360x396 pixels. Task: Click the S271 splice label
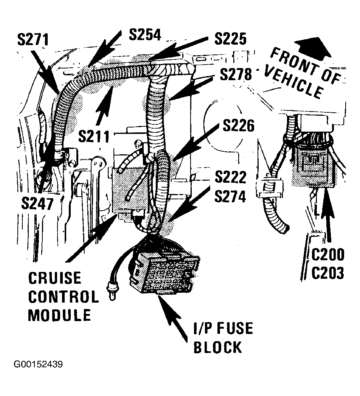point(33,40)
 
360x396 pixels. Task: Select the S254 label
point(145,34)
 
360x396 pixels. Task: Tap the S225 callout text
point(231,39)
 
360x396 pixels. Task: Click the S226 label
point(239,126)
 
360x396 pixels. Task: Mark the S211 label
point(94,137)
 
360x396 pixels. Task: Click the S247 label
point(37,203)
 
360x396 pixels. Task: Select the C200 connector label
point(328,254)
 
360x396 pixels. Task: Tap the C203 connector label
point(328,273)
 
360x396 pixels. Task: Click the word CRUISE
point(55,278)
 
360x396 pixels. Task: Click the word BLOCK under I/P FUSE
point(218,347)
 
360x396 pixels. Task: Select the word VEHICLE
point(294,82)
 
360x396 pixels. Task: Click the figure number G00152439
point(38,365)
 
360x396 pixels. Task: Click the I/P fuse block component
point(164,272)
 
